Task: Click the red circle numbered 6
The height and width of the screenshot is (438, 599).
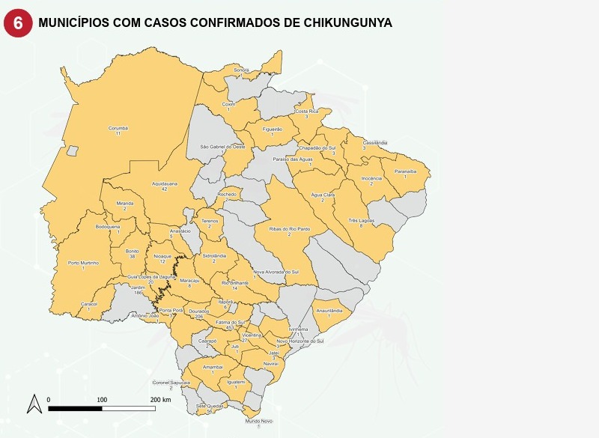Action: tap(18, 23)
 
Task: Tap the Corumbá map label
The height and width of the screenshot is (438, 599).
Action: tap(118, 128)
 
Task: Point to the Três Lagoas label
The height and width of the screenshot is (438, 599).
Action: tap(362, 221)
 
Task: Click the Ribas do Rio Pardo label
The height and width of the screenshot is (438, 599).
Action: tap(289, 229)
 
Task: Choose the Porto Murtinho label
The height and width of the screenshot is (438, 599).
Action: tap(83, 263)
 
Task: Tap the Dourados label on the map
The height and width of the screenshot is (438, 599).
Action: tap(198, 311)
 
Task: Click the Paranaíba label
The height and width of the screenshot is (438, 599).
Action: tap(405, 171)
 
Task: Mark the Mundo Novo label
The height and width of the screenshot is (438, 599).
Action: tap(258, 422)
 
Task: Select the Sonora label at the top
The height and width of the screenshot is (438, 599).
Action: tap(241, 70)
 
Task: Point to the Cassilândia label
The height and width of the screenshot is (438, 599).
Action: tap(375, 142)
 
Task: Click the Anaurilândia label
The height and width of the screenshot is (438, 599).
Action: tap(329, 310)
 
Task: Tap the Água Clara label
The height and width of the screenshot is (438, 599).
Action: tap(323, 195)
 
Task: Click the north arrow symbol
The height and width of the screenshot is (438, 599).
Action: tap(34, 404)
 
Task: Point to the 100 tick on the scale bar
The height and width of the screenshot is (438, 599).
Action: tap(102, 400)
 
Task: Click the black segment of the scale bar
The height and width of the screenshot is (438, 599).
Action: tap(75, 408)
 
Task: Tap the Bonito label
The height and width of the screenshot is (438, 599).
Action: tap(133, 251)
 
